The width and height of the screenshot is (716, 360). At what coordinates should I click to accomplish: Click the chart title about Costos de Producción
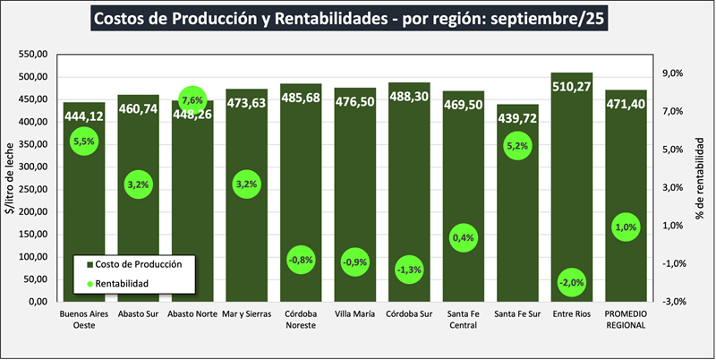tap(357, 19)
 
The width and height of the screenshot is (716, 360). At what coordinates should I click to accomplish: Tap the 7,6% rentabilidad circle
tap(192, 99)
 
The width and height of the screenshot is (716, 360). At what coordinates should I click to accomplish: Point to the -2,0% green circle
tap(571, 282)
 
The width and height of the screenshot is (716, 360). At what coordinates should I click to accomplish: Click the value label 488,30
tap(409, 96)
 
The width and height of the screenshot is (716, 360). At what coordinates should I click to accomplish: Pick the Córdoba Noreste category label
tap(301, 320)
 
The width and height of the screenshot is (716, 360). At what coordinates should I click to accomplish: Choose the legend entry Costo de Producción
tap(133, 264)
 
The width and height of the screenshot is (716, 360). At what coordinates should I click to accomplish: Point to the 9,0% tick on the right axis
tap(672, 74)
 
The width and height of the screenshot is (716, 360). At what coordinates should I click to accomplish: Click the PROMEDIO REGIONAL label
tap(626, 320)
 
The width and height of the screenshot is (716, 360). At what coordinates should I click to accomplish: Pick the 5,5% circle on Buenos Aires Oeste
tap(84, 141)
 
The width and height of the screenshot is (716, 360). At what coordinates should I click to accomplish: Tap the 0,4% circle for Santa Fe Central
tap(463, 237)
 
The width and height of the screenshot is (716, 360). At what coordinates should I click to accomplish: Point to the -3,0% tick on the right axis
tap(672, 302)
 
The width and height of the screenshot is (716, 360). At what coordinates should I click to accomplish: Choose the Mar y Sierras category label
tap(246, 314)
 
